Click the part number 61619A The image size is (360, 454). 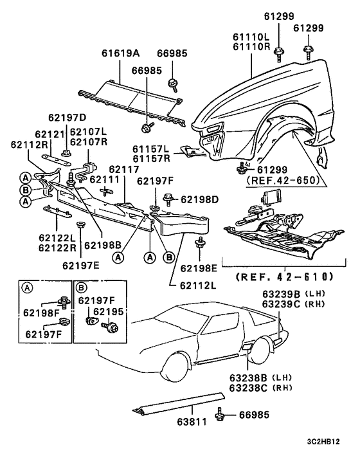point(120,55)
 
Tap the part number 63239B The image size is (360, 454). point(279,294)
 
